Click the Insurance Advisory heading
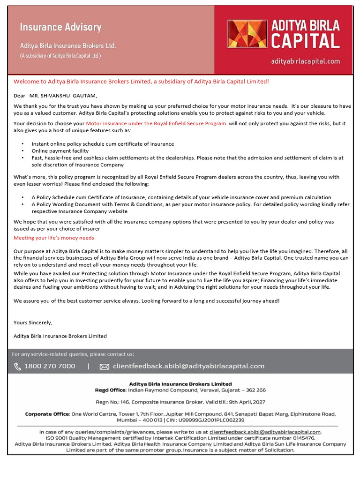click(60, 27)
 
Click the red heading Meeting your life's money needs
click(53, 238)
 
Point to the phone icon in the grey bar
click(17, 366)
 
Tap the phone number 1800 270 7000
click(50, 366)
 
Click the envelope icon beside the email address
click(104, 367)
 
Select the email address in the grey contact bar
click(188, 366)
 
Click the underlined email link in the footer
click(265, 432)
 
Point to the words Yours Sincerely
click(33, 322)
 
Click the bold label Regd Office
click(110, 390)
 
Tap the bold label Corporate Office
click(47, 414)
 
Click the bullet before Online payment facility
click(22, 151)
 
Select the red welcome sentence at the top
click(141, 82)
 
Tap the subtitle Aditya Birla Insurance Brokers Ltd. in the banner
click(68, 46)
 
